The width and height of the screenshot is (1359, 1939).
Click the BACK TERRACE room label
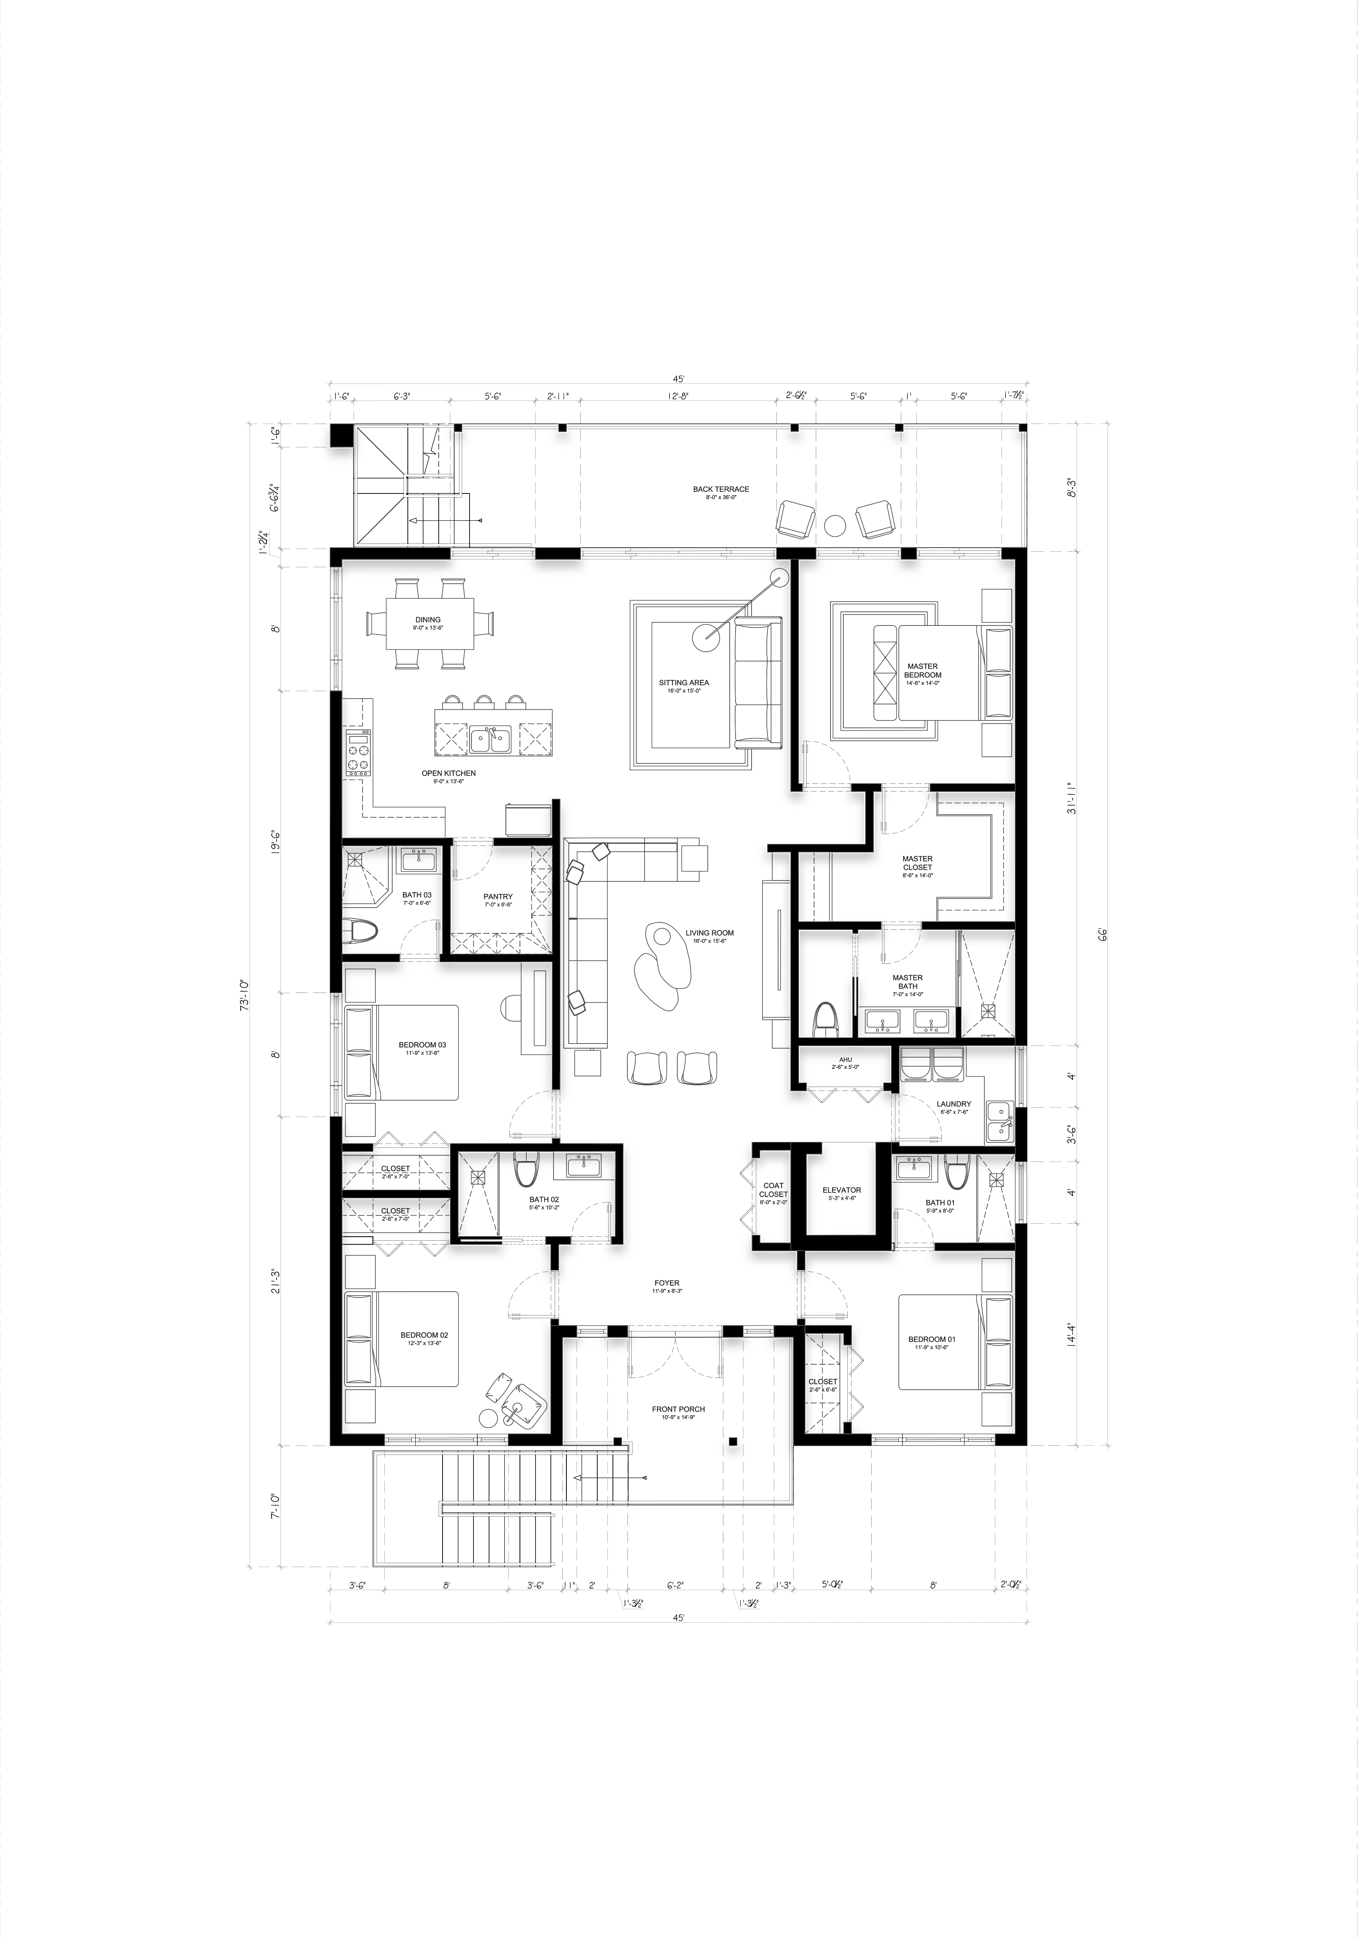720,489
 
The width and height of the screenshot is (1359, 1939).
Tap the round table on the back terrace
834,525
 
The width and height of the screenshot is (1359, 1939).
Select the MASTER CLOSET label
917,863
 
